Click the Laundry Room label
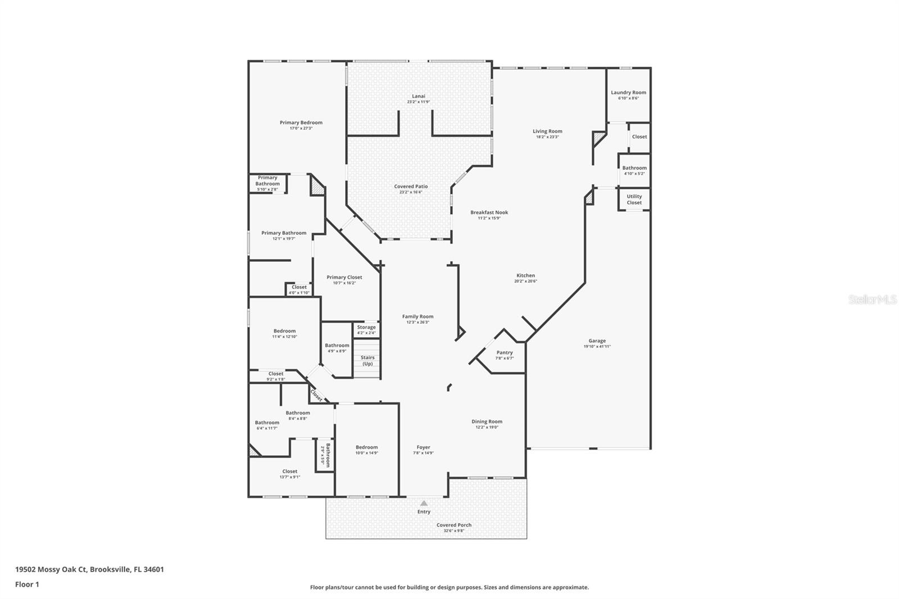[628, 93]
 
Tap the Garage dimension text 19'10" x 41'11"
[597, 347]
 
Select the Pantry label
[505, 353]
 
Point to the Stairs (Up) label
[367, 360]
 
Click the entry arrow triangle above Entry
[424, 503]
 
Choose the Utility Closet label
[634, 199]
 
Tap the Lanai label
[419, 96]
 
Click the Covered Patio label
[411, 187]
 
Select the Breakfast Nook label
[489, 212]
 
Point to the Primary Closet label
[344, 277]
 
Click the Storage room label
[366, 327]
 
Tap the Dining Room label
[487, 421]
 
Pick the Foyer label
[423, 447]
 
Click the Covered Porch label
[454, 525]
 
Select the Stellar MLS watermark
[873, 300]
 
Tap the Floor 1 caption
[27, 584]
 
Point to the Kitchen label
[526, 275]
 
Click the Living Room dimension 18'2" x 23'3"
[547, 137]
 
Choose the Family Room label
[417, 316]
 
